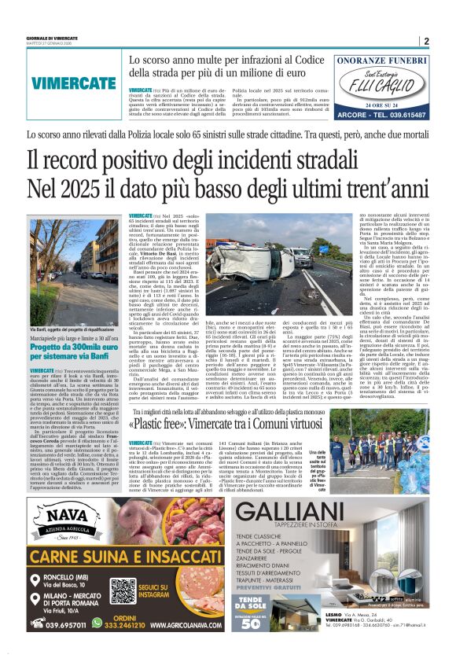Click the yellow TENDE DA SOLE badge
click(x=254, y=616)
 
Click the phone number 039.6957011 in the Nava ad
click(x=61, y=624)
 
